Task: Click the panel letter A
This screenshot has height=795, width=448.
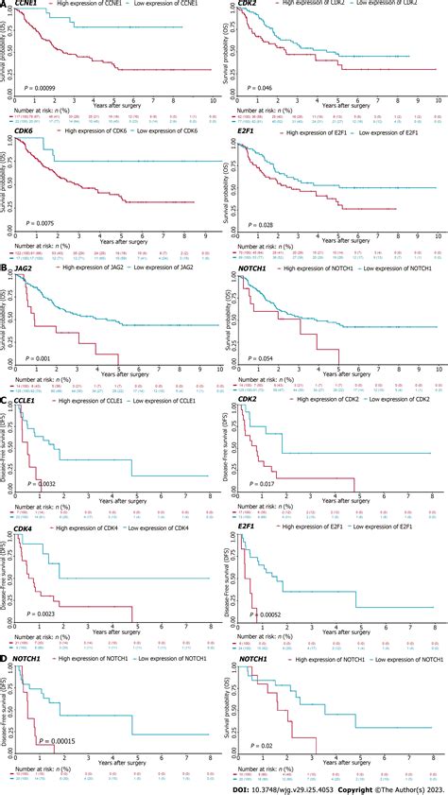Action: coord(5,6)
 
